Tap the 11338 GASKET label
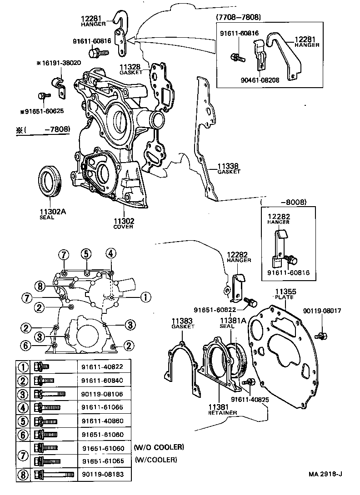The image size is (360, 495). click(x=228, y=168)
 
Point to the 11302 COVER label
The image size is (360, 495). click(x=124, y=223)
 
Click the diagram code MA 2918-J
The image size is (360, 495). click(x=325, y=487)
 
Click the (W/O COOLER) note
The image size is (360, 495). click(x=159, y=447)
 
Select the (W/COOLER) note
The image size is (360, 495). click(x=155, y=460)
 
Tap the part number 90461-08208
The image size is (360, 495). click(x=260, y=79)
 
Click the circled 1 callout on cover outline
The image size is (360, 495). click(x=145, y=297)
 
